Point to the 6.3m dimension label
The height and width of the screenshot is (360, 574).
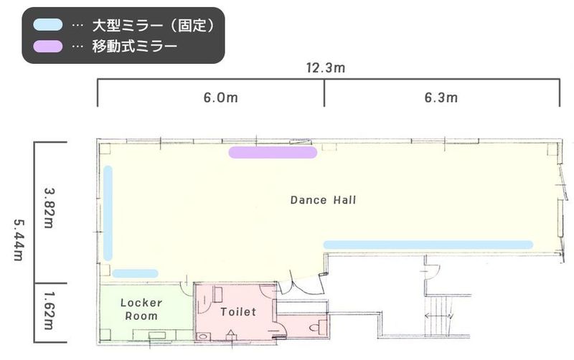pyautogui.click(x=441, y=98)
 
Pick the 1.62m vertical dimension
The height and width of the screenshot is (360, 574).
pyautogui.click(x=50, y=311)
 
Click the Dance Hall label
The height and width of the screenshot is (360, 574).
pyautogui.click(x=323, y=200)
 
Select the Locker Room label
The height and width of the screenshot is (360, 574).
pyautogui.click(x=141, y=309)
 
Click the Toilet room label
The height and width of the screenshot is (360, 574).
pyautogui.click(x=238, y=312)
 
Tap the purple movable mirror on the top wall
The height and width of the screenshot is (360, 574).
pyautogui.click(x=272, y=152)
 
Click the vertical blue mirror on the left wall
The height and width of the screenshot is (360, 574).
pyautogui.click(x=108, y=212)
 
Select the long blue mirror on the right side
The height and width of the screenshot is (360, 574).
pyautogui.click(x=428, y=245)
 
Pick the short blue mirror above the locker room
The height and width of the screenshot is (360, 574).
pyautogui.click(x=135, y=273)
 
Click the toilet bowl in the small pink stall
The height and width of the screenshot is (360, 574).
pyautogui.click(x=316, y=326)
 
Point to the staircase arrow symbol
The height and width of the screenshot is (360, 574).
pyautogui.click(x=437, y=316)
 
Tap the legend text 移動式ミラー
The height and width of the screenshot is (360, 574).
pyautogui.click(x=134, y=47)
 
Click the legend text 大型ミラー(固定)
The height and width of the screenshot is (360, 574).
pyautogui.click(x=154, y=25)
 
